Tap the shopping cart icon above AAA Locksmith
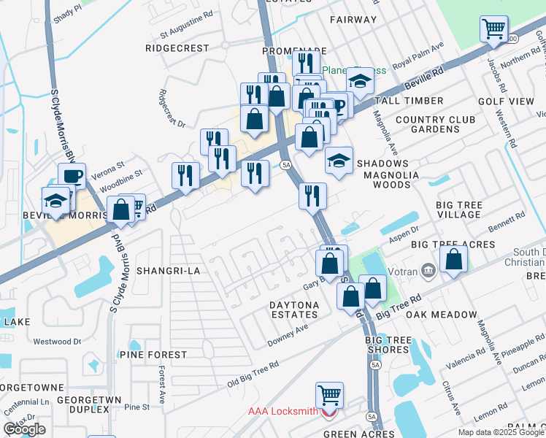[x=330, y=395]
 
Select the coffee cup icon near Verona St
[x=72, y=175]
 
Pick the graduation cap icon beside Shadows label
[x=339, y=160]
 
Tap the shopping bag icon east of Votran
[x=454, y=258]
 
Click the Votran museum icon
[x=428, y=272]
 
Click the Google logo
[x=24, y=429]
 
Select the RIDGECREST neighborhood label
[x=177, y=48]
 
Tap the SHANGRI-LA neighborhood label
[x=173, y=270]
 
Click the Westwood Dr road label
[x=57, y=341]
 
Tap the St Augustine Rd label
[x=186, y=34]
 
